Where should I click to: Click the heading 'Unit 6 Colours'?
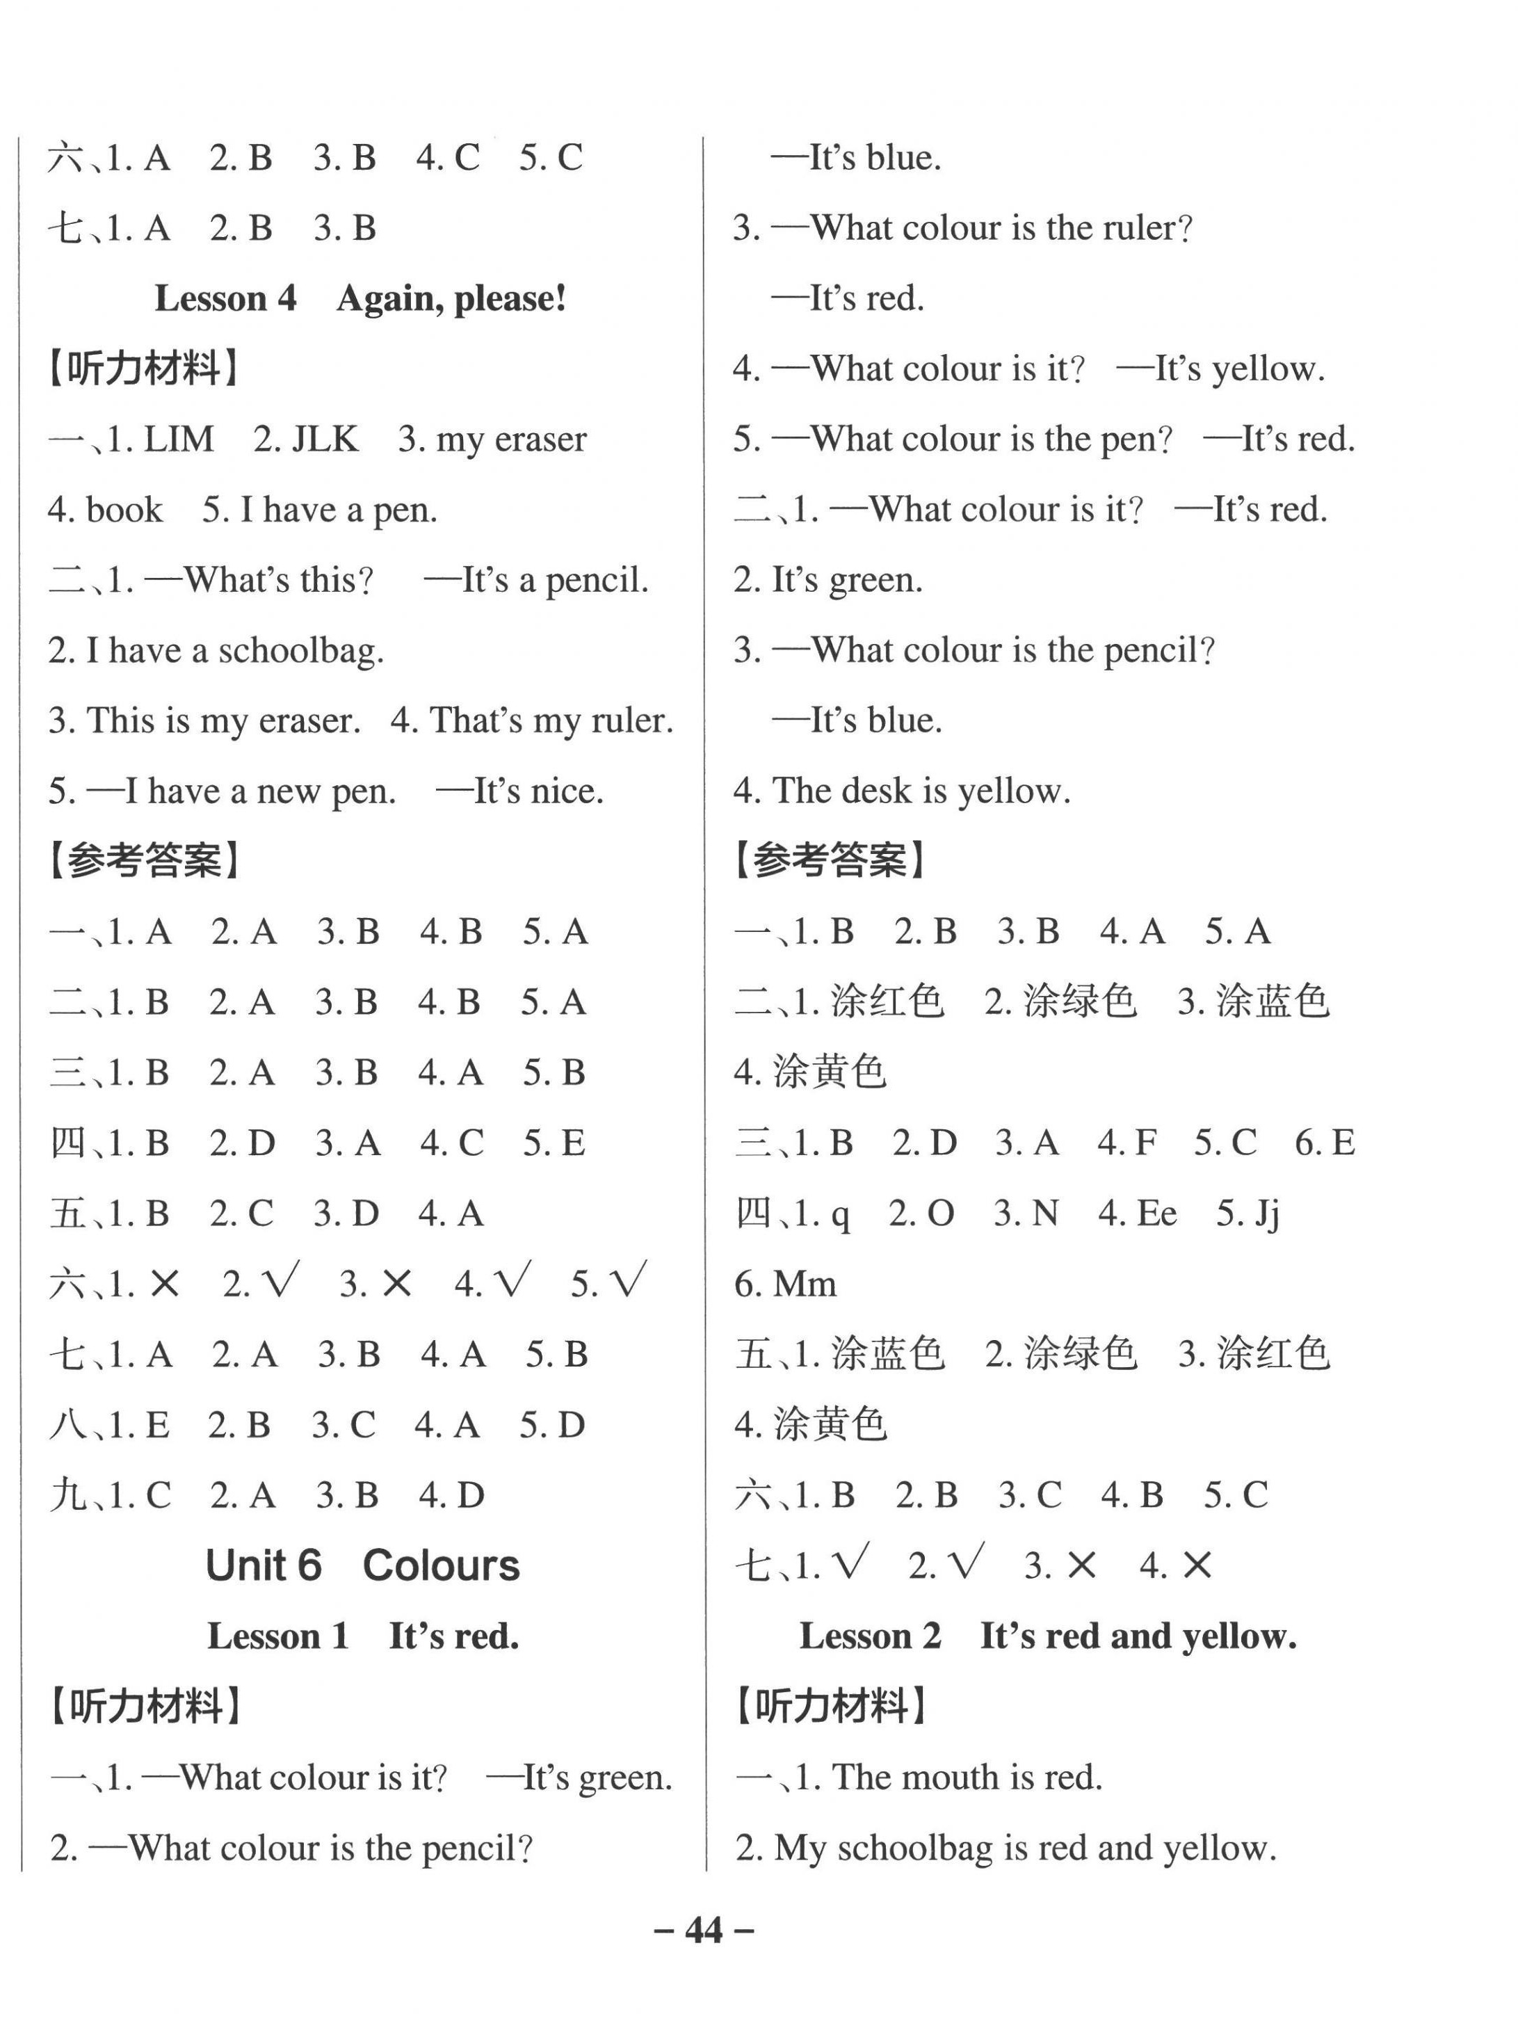tap(362, 1565)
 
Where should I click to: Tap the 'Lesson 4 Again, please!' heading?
tap(360, 298)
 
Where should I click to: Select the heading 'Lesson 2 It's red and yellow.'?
tap(1047, 1636)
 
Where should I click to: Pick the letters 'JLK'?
tap(325, 439)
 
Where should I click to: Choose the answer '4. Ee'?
tap(1137, 1214)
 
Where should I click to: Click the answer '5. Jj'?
tap(1247, 1214)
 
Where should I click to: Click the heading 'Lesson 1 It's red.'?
tap(362, 1636)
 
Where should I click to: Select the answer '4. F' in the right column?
tap(1127, 1143)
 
